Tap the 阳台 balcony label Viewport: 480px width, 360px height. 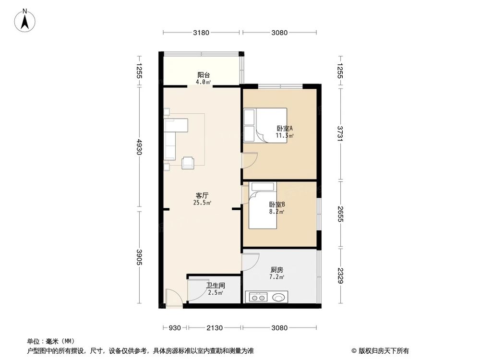click(x=204, y=75)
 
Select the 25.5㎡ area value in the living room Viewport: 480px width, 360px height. click(x=202, y=203)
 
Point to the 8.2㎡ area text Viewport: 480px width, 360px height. click(x=277, y=211)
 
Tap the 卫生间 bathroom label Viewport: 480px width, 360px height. click(x=216, y=285)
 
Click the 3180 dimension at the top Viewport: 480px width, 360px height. click(x=201, y=33)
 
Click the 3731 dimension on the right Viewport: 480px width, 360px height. click(x=340, y=133)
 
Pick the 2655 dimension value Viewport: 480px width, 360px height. click(x=340, y=214)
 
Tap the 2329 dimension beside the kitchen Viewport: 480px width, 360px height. click(x=340, y=276)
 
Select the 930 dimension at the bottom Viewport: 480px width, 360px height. click(x=175, y=328)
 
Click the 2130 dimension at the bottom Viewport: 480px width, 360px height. click(x=215, y=328)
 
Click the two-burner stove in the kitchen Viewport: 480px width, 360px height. click(x=259, y=297)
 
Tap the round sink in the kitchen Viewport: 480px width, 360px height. click(x=278, y=297)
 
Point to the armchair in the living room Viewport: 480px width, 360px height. click(x=188, y=162)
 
